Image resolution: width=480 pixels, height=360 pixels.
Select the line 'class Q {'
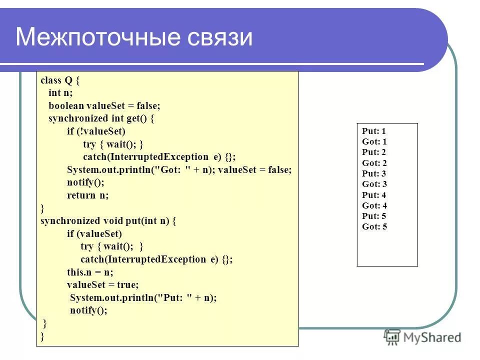[x=59, y=80]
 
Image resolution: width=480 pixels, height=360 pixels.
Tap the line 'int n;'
[x=60, y=93]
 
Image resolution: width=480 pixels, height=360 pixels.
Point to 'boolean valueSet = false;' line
[x=104, y=106]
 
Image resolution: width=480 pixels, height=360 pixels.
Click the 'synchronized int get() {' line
[x=101, y=118]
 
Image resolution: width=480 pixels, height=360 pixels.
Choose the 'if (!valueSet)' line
[x=96, y=131]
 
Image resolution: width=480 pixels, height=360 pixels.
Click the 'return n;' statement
[x=87, y=195]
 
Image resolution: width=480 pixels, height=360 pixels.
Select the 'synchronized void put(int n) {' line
[x=108, y=221]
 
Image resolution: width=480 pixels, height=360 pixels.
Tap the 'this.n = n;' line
[x=90, y=272]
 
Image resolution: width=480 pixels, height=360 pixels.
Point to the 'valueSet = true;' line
[x=103, y=285]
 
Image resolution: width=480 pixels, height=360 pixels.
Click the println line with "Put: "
[x=143, y=298]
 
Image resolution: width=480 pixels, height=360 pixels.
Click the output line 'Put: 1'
[x=374, y=131]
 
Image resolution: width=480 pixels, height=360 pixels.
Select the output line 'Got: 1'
[x=374, y=142]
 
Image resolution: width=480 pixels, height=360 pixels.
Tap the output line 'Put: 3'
[x=374, y=174]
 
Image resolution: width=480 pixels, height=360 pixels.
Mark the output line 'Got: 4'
[x=374, y=205]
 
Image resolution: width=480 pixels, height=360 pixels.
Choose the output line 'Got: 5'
[x=374, y=226]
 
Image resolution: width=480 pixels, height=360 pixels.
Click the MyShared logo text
[x=433, y=337]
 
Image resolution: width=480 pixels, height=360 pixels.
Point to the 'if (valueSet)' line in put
[x=94, y=233]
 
